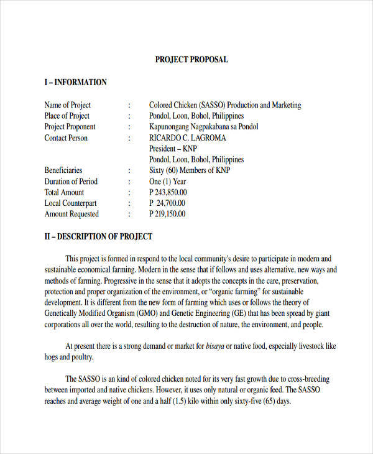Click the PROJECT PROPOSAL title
coord(191,60)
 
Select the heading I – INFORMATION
coord(75,82)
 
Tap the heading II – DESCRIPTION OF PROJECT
coord(98,236)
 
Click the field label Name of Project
coord(68,105)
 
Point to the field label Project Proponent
coord(71,127)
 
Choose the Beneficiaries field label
coord(63,170)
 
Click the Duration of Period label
coord(71,182)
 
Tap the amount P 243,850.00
coord(168,192)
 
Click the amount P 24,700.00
coord(167,203)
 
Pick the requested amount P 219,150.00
coord(167,214)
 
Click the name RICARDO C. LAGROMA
coord(188,138)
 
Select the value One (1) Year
coord(167,182)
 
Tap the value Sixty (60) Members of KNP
coord(190,170)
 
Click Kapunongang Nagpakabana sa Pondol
coord(203,127)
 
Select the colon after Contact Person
coord(129,138)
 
